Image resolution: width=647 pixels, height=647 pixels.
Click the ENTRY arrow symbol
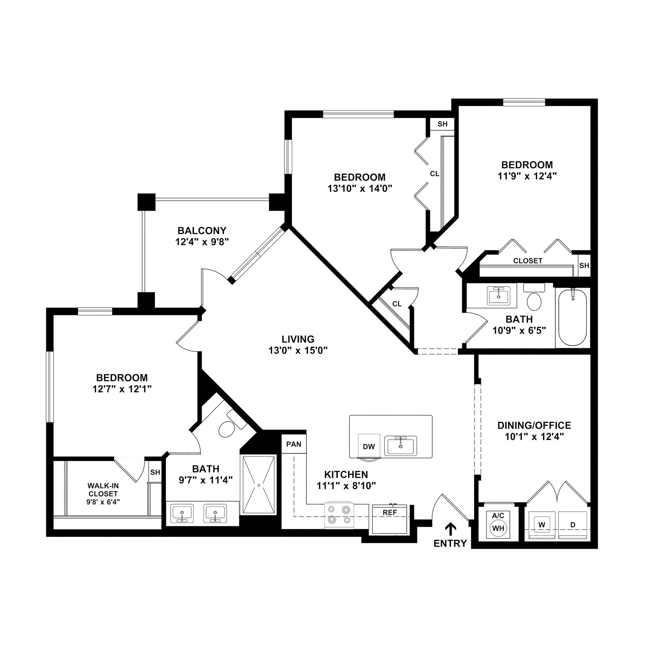point(451,529)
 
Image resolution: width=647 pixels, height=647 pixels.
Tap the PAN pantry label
point(294,444)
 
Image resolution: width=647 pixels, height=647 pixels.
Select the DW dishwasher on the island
point(369,446)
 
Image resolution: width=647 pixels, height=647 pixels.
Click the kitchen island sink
point(400,446)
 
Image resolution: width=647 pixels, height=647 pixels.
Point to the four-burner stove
point(339,515)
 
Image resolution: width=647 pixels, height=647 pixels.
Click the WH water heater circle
point(498,529)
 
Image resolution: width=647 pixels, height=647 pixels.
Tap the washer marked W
point(542,525)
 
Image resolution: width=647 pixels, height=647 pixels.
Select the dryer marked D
point(573,525)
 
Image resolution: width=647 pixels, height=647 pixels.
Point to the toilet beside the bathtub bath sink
point(534,300)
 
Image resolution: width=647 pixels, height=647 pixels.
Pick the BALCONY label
point(202,231)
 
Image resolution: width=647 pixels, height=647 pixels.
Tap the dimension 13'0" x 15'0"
point(298,351)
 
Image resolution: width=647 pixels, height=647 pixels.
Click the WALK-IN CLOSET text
point(103,490)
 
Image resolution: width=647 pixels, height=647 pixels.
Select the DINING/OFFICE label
point(534,425)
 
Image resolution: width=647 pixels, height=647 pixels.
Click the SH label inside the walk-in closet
point(155,472)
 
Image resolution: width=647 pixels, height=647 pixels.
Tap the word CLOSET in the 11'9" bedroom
point(528,261)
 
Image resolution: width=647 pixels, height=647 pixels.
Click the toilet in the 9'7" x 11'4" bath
point(227,429)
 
